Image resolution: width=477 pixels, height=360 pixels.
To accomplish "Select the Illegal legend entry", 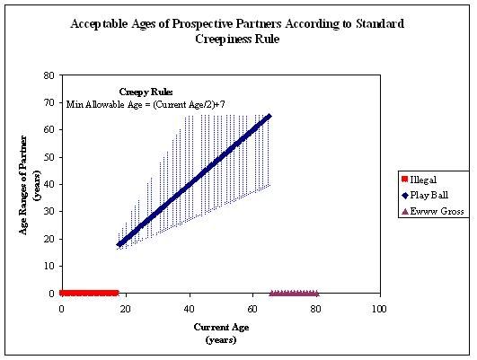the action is click(420, 180).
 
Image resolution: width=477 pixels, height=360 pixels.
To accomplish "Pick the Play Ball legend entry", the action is click(425, 195).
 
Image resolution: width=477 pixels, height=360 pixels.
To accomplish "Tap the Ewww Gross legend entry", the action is click(433, 211).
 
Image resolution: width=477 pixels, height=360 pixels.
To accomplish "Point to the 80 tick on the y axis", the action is click(49, 75).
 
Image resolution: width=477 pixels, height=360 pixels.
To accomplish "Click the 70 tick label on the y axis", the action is click(49, 102).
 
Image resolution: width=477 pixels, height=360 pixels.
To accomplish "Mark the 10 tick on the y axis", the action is click(49, 266).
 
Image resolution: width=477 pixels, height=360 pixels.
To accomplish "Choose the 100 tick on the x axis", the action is click(379, 309).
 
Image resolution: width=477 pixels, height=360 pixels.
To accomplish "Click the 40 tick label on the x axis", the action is click(190, 309).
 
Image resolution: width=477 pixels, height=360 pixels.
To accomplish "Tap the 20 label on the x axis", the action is click(126, 309).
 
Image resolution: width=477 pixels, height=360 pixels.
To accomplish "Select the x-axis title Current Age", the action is click(221, 328).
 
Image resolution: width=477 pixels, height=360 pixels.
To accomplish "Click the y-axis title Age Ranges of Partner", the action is click(23, 185).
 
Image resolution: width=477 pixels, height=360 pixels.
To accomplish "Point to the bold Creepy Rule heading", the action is click(146, 92).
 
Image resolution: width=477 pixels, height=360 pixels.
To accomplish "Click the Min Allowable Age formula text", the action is click(146, 105).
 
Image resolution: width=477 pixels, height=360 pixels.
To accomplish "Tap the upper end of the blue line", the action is click(269, 116).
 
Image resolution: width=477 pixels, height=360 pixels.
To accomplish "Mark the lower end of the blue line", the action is click(119, 244).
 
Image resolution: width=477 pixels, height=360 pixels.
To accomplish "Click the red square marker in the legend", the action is click(404, 179).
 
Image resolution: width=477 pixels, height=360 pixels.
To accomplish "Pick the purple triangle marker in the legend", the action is click(405, 211).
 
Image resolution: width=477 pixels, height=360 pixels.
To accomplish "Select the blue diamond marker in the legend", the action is click(405, 196).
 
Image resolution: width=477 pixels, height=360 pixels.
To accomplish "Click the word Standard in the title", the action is click(380, 24).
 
